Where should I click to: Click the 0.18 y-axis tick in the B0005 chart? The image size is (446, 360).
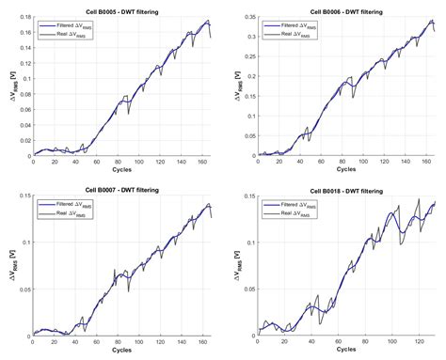pos(23,18)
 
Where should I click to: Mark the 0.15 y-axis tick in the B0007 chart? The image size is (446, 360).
pos(23,199)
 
